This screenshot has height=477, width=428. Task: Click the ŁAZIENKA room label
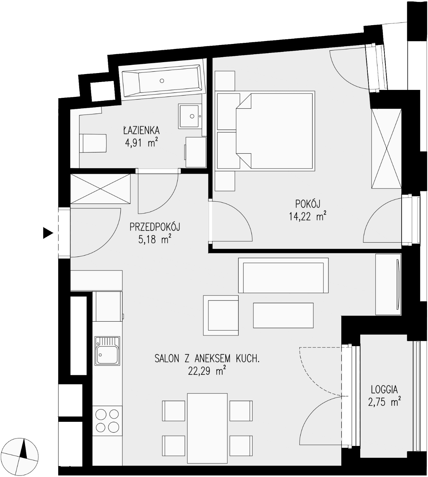point(141,130)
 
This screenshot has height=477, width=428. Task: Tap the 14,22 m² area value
point(308,216)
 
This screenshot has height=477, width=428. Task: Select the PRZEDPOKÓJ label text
point(155,227)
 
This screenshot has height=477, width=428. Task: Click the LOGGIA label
point(384,390)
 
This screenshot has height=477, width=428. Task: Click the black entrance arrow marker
point(48,233)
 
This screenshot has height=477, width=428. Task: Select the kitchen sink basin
point(107,351)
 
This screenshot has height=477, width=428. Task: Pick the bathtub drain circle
point(162,81)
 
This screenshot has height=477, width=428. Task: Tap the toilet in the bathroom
point(93,143)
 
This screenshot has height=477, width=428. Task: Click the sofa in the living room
point(283,275)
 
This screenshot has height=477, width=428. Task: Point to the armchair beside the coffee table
point(221,315)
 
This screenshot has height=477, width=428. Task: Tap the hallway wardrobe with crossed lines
point(100,189)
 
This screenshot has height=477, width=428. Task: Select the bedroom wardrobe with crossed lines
point(386,148)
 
